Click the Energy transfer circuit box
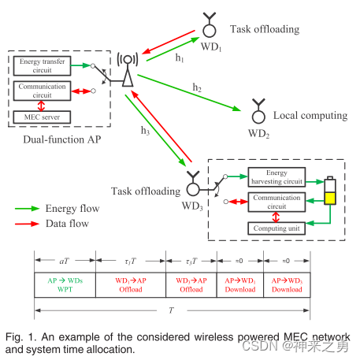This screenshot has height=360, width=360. (42, 65)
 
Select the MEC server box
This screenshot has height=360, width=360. (42, 117)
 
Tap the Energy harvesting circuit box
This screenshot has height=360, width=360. (276, 177)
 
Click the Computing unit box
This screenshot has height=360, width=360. (276, 228)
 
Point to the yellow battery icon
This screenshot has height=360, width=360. (330, 191)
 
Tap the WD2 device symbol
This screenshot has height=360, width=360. (258, 111)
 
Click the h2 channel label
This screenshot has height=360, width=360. (197, 87)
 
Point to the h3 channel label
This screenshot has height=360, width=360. (145, 130)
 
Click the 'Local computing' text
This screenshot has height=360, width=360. (310, 116)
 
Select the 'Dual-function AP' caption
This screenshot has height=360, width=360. (62, 139)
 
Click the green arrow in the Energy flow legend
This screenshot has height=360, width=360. (27, 209)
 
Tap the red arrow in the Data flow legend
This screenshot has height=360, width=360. (27, 224)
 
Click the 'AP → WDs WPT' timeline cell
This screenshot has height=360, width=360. (65, 285)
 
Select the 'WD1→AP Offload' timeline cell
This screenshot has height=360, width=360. (131, 285)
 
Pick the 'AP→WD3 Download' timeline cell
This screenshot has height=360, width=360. (287, 285)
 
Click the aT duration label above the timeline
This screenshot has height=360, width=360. (65, 261)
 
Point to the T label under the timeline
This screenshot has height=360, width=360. (172, 310)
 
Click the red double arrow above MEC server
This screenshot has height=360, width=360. (41, 106)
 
